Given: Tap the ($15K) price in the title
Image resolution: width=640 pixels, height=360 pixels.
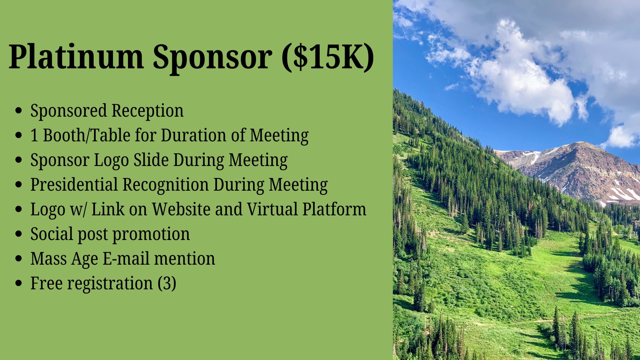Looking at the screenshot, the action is [x=328, y=57].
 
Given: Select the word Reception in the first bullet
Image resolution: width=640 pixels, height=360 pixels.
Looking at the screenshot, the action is [x=147, y=111].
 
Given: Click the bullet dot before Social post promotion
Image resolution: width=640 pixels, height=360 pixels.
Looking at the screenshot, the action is [x=19, y=234].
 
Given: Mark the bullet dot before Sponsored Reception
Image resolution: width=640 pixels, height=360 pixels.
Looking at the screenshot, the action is [x=19, y=111].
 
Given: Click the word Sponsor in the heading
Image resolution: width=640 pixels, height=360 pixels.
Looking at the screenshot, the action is [x=212, y=57].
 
